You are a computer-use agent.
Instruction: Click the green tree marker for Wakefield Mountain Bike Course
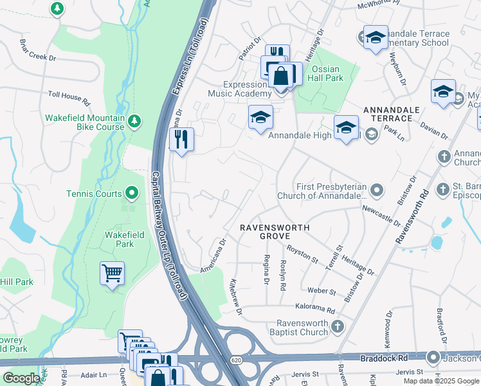pos(134,121)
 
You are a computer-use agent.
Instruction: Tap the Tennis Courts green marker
pos(132,192)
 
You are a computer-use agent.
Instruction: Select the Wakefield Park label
pos(120,239)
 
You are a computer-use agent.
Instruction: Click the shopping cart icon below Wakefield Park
pos(113,273)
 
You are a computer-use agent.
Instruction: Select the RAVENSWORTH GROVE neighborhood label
pos(275,232)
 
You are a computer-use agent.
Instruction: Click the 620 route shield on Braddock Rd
pos(237,361)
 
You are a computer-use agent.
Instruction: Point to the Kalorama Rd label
pos(315,309)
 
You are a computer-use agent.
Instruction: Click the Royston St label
pos(302,255)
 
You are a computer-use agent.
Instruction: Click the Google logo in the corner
pos(21,379)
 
